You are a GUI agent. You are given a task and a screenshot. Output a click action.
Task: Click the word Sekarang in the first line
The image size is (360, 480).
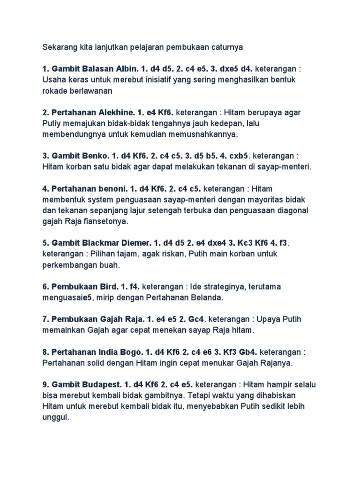[58, 47]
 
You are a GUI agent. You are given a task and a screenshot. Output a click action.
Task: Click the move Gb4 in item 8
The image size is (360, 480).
[246, 352]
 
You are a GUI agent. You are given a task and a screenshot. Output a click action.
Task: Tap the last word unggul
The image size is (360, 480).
[55, 417]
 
